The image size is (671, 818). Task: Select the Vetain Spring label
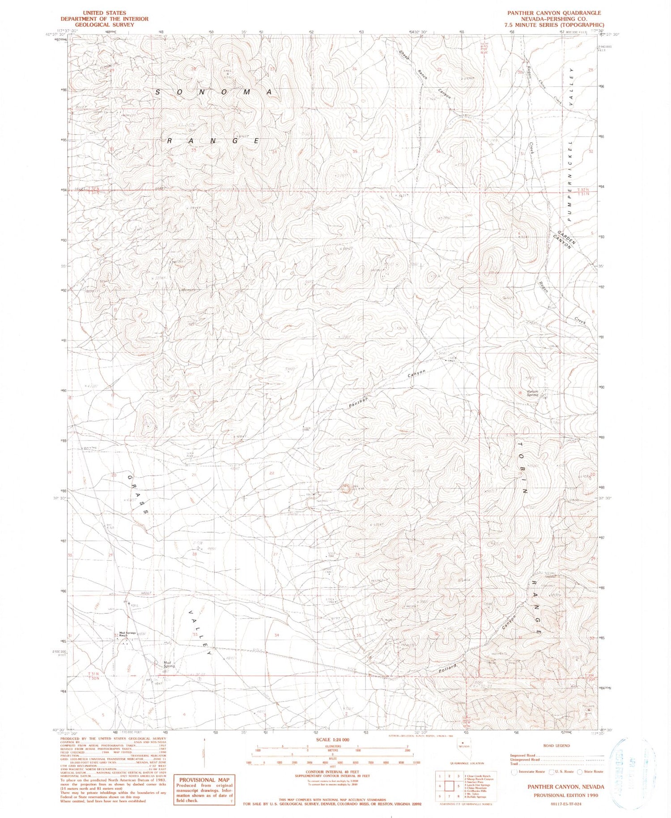(532, 393)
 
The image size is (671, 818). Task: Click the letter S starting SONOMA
(158, 92)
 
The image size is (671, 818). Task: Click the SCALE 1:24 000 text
(332, 740)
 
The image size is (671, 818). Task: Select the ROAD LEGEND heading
(556, 745)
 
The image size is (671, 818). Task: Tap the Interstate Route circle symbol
(514, 771)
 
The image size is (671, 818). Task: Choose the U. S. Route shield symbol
(548, 771)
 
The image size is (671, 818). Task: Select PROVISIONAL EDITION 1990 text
(565, 795)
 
